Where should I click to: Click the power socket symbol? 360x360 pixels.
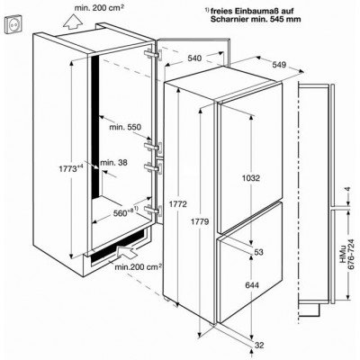[13, 25]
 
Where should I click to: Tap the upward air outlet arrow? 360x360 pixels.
[73, 22]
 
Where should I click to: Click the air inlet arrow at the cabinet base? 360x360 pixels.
[127, 251]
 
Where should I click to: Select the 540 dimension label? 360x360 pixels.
[194, 58]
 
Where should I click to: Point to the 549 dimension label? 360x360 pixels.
[280, 65]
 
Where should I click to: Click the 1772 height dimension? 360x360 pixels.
[178, 204]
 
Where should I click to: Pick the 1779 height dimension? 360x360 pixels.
[200, 222]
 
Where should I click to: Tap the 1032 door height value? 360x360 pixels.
[251, 178]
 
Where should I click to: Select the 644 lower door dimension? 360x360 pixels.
[252, 285]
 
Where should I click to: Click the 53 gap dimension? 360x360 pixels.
[258, 252]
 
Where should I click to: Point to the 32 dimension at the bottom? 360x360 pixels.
[258, 346]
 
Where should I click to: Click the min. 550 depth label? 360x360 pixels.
[125, 127]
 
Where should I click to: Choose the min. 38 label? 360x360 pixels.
[113, 163]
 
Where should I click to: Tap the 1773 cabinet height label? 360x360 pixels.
[70, 168]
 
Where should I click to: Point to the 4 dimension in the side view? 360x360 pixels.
[347, 189]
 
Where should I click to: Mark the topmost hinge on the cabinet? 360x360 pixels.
[153, 54]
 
